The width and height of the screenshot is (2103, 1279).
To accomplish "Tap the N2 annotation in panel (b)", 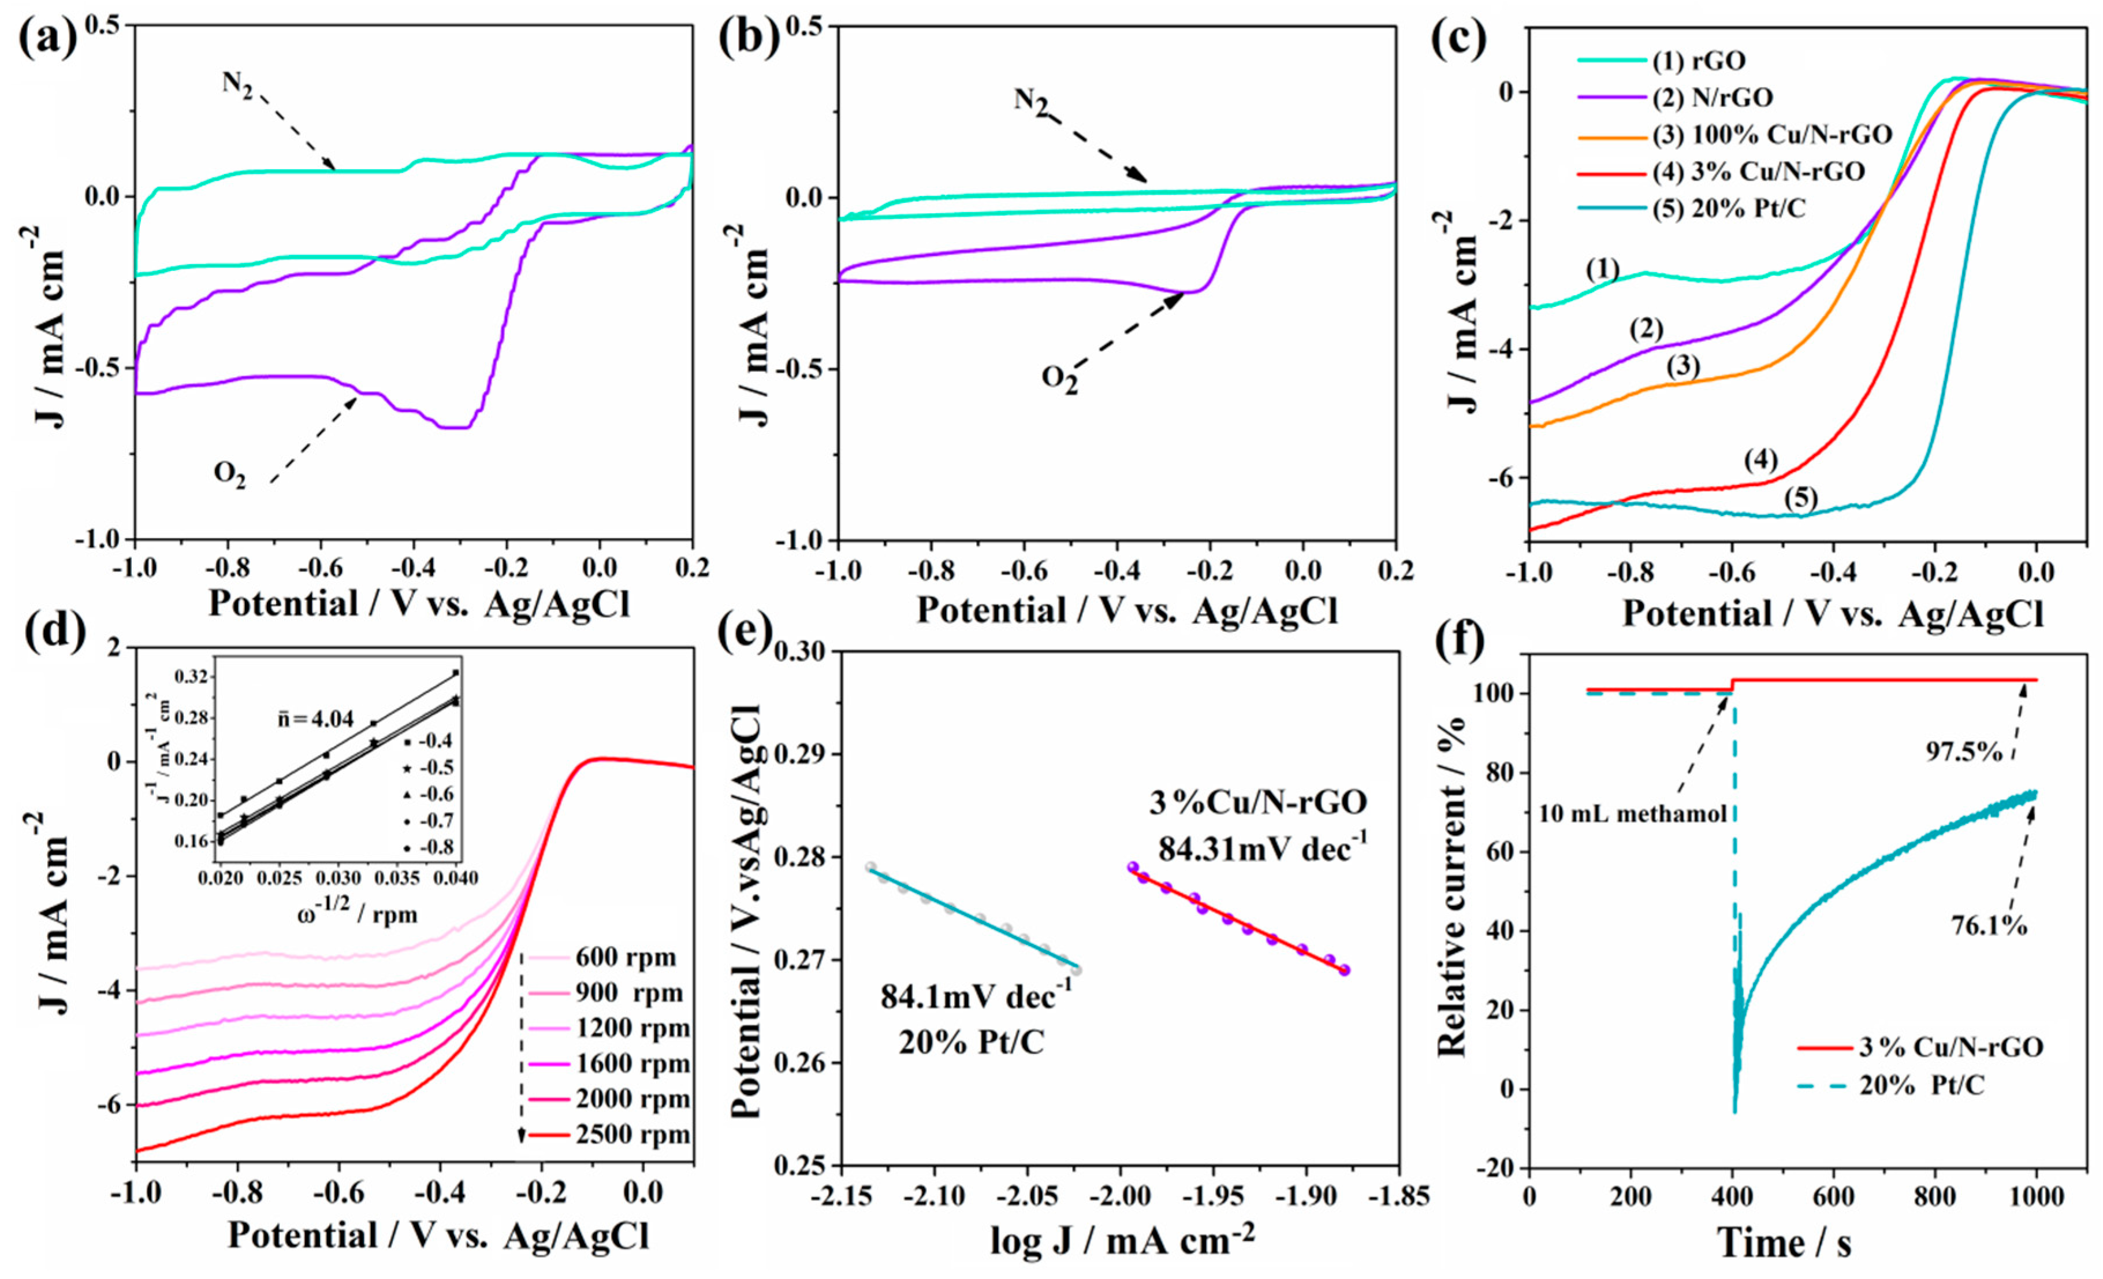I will (x=1031, y=102).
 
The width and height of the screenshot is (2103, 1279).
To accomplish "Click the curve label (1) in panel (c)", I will (x=1603, y=270).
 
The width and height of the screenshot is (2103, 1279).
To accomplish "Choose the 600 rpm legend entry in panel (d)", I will (x=626, y=957).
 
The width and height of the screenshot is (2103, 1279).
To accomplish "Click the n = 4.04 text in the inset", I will (x=315, y=719).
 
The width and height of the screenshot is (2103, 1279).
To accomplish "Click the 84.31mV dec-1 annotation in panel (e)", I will (x=1261, y=850).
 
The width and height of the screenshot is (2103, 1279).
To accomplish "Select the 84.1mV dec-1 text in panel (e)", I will (x=976, y=996).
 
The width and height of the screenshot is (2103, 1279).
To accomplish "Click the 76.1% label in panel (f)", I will (x=1989, y=925).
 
